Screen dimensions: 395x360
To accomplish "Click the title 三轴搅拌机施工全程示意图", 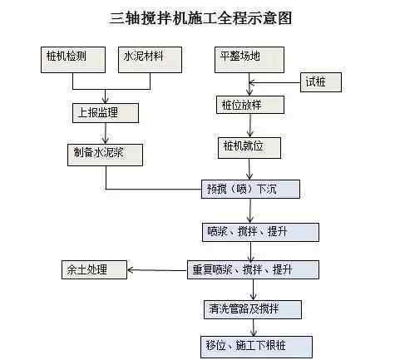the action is click(x=200, y=18).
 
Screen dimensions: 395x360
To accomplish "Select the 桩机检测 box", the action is click(x=73, y=60).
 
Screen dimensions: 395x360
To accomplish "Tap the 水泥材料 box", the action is click(x=150, y=60).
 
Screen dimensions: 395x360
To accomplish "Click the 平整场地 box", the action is click(x=249, y=60).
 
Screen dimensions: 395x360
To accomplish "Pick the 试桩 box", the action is click(x=321, y=82).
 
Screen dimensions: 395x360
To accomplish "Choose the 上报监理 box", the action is click(x=106, y=113).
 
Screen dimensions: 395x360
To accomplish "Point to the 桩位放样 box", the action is click(x=250, y=105).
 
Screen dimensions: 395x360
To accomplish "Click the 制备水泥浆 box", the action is click(x=105, y=155).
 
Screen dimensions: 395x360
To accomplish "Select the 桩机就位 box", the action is click(x=249, y=148).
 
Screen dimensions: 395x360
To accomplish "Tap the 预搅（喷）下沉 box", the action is click(x=250, y=190).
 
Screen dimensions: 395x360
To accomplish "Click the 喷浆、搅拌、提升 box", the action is click(x=260, y=232).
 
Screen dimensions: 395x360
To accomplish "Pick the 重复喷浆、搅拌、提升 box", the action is click(x=253, y=269).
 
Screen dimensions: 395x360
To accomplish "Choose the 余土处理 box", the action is click(x=94, y=269).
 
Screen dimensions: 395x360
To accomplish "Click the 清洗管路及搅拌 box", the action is click(x=253, y=309).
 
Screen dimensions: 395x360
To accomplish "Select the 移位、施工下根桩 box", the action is click(x=256, y=347).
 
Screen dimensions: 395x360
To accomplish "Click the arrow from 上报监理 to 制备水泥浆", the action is click(x=106, y=133).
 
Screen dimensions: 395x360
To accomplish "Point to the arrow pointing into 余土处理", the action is click(x=157, y=270).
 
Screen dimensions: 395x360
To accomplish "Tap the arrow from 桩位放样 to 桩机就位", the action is click(x=250, y=126).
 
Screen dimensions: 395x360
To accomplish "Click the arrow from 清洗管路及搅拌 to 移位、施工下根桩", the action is click(x=253, y=328).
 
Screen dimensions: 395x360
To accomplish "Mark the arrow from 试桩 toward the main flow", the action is click(x=274, y=82).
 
